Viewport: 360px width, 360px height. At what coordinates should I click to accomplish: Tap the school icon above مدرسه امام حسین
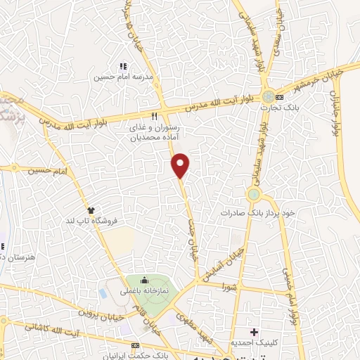[124, 66]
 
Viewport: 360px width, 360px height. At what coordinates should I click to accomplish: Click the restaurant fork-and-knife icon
[154, 116]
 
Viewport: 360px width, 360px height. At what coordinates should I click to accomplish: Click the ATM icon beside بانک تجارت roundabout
[280, 96]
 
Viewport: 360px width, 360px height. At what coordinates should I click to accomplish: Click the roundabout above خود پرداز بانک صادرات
[254, 193]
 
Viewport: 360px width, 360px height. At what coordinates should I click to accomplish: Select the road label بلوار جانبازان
[341, 112]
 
